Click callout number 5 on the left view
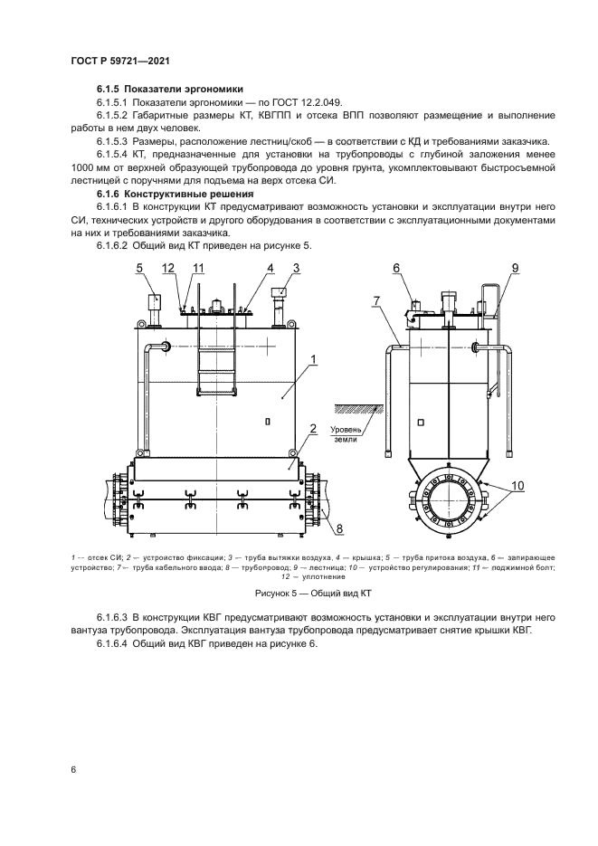coord(140,268)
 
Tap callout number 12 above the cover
coord(169,268)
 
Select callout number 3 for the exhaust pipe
coord(296,268)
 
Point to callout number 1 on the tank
coord(312,361)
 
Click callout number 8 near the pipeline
coord(339,528)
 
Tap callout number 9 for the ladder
coord(514,268)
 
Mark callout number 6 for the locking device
coord(396,268)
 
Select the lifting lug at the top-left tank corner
coord(140,325)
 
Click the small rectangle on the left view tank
coord(268,421)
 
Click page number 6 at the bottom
coord(72,770)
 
